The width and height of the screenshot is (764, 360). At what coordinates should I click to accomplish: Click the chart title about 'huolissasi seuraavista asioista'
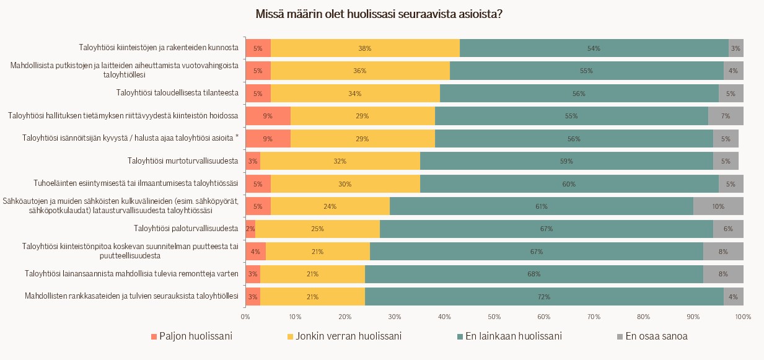[x=379, y=14]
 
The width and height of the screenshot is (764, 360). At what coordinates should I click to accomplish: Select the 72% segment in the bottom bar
[x=544, y=297]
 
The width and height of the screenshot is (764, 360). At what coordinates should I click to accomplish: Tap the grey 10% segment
[x=718, y=206]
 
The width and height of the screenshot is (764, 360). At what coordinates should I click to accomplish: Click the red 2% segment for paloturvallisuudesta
[x=250, y=229]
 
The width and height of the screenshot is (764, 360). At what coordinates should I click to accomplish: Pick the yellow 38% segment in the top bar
[x=365, y=48]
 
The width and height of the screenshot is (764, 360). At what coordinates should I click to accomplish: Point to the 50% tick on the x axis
[x=494, y=317]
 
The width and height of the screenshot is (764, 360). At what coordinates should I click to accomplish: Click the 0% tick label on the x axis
[x=245, y=317]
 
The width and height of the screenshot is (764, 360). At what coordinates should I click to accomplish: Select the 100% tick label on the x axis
[x=743, y=317]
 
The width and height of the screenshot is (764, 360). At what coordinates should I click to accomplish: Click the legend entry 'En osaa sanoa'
[x=656, y=336]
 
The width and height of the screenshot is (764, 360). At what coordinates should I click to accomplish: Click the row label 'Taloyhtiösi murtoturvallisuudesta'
[x=183, y=161]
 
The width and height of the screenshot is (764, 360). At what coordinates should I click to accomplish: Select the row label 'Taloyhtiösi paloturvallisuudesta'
[x=186, y=229]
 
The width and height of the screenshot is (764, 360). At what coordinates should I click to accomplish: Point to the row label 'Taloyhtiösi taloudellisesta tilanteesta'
[x=177, y=94]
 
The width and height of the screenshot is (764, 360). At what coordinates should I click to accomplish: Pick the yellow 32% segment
[x=340, y=161]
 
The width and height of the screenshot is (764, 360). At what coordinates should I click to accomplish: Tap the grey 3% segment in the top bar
[x=735, y=48]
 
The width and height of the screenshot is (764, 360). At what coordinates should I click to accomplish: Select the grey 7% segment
[x=726, y=116]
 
